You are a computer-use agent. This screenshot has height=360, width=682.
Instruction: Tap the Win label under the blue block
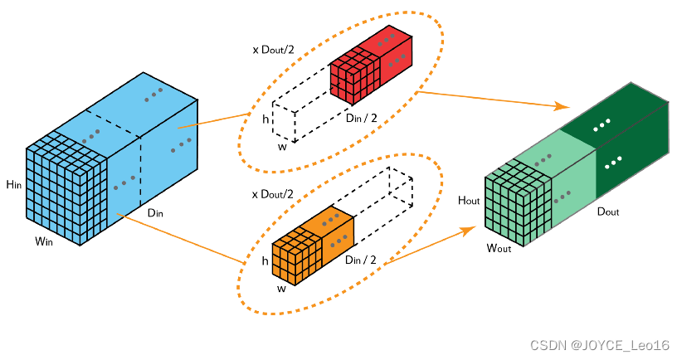click(x=46, y=241)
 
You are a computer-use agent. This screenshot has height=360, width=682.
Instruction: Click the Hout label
click(x=470, y=201)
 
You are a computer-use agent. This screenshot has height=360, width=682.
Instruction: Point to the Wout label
click(x=500, y=247)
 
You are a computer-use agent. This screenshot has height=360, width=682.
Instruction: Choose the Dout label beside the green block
click(x=608, y=212)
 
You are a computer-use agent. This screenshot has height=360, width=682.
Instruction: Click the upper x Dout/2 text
click(x=274, y=50)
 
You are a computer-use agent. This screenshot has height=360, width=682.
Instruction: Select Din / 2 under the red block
click(x=362, y=117)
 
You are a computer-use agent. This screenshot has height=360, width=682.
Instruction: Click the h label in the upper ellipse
click(x=265, y=119)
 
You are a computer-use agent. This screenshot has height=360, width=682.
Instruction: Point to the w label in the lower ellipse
click(x=281, y=289)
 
